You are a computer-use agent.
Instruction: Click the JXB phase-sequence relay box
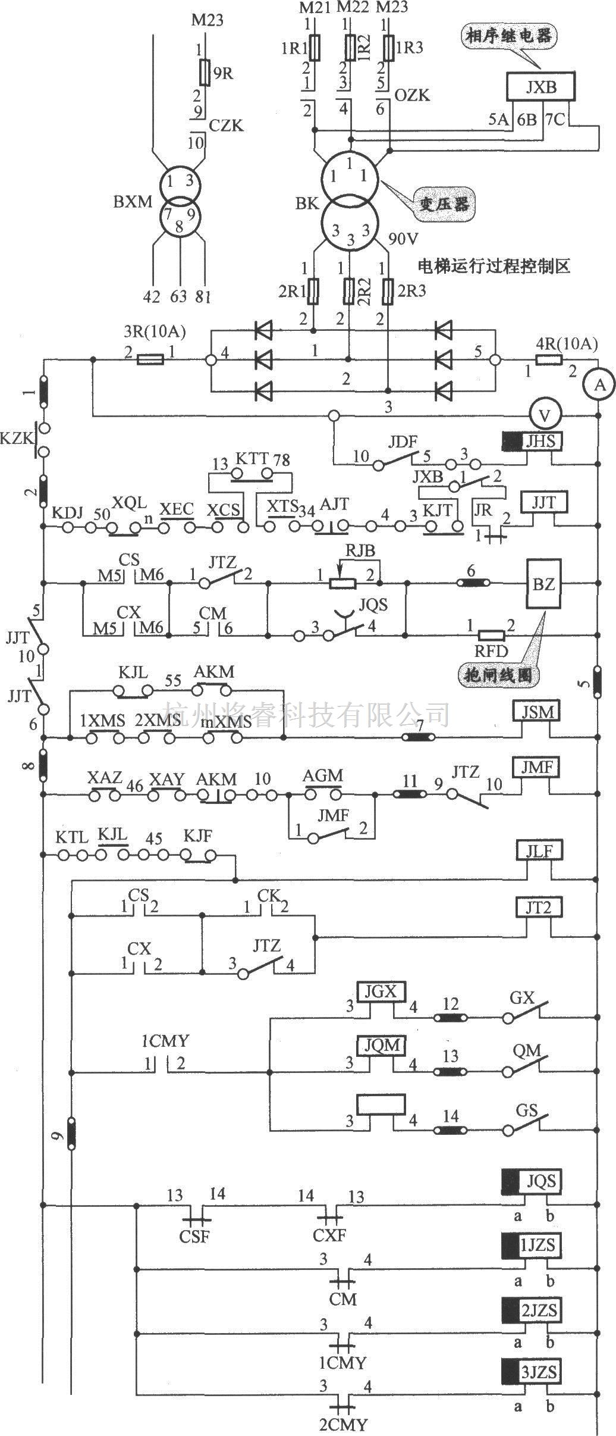[540, 87]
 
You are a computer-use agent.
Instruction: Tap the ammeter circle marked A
[601, 385]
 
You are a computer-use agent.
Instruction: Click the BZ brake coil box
[543, 584]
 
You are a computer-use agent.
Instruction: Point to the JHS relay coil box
[532, 442]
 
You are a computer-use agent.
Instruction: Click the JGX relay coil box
[381, 991]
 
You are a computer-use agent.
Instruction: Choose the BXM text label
[133, 202]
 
